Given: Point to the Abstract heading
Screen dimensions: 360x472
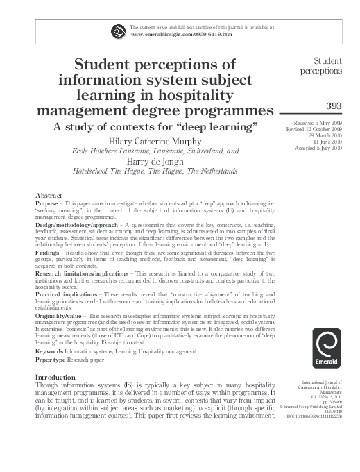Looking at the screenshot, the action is pos(48,196).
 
